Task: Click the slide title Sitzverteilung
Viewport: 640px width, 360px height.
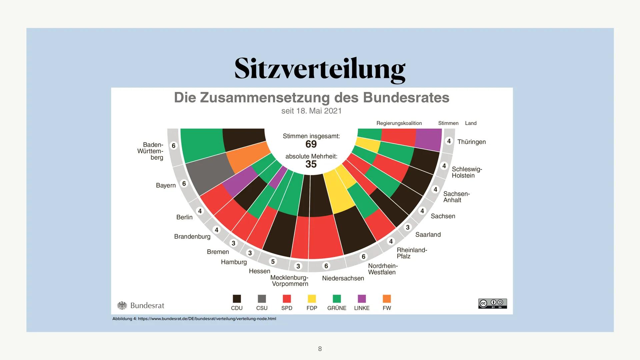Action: click(x=320, y=69)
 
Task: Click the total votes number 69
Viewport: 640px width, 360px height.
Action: click(x=311, y=144)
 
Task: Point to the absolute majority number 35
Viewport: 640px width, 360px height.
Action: click(x=311, y=164)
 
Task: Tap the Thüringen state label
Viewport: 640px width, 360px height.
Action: click(x=471, y=142)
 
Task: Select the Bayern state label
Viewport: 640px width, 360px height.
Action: click(x=166, y=185)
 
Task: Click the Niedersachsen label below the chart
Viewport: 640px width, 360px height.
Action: click(x=343, y=278)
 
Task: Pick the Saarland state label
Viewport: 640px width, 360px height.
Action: click(x=428, y=235)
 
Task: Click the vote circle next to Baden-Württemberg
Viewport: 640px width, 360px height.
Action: click(x=173, y=146)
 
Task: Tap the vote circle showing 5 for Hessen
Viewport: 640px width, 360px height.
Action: click(x=273, y=262)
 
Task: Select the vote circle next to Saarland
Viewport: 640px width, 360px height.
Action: click(x=407, y=227)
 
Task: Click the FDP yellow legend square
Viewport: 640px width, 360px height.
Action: click(x=312, y=299)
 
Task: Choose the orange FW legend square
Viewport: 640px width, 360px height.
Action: click(x=387, y=299)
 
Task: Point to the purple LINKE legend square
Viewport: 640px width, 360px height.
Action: click(x=362, y=299)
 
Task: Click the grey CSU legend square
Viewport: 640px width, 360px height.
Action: click(x=262, y=299)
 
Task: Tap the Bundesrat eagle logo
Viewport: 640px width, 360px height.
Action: click(x=122, y=305)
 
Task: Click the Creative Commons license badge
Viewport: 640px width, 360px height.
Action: click(x=492, y=303)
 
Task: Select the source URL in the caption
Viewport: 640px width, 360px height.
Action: click(x=207, y=319)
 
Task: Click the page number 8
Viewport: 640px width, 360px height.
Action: click(x=320, y=349)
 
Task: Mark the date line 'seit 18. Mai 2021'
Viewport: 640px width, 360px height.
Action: click(x=311, y=111)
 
